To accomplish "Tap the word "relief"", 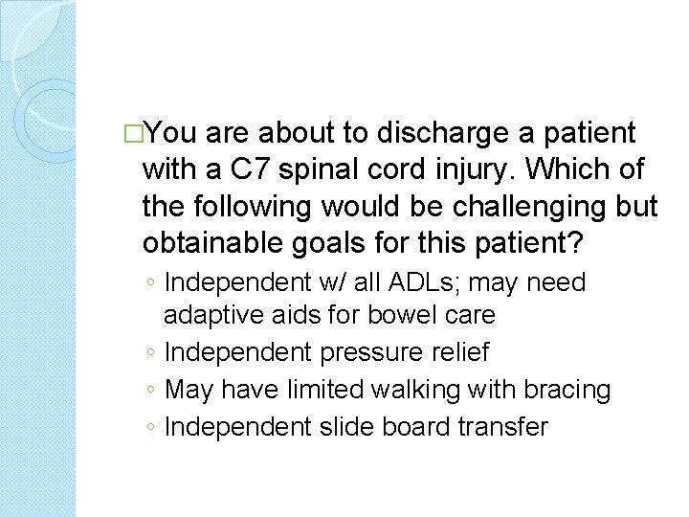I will [x=459, y=352].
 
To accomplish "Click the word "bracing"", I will [x=565, y=390].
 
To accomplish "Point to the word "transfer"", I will [x=501, y=427].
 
